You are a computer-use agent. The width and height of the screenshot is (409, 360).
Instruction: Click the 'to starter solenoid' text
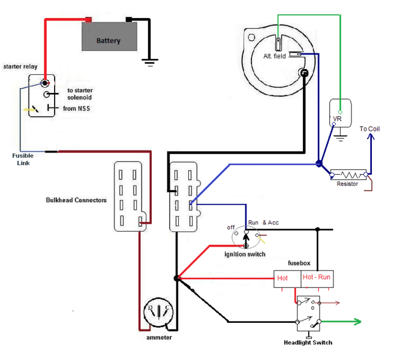click(x=79, y=94)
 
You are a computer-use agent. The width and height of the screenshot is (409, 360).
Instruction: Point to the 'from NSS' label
click(x=77, y=109)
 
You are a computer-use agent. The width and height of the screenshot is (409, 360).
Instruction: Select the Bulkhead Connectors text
click(x=76, y=200)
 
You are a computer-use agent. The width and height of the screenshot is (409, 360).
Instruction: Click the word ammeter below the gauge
click(x=158, y=338)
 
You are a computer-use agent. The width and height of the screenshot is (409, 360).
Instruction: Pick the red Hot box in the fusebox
click(x=284, y=278)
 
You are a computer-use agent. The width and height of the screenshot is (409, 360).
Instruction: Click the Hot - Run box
click(x=317, y=278)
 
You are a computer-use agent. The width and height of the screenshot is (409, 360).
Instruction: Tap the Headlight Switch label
click(x=308, y=343)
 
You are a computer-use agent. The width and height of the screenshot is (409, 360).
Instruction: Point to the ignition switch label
click(x=245, y=254)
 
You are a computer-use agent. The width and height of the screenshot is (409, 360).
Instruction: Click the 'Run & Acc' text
click(x=263, y=223)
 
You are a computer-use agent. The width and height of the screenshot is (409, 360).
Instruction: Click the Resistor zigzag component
click(x=348, y=174)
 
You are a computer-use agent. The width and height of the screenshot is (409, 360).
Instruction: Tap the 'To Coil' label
click(x=369, y=129)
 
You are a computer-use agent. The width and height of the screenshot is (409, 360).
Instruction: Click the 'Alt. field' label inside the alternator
click(x=275, y=56)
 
